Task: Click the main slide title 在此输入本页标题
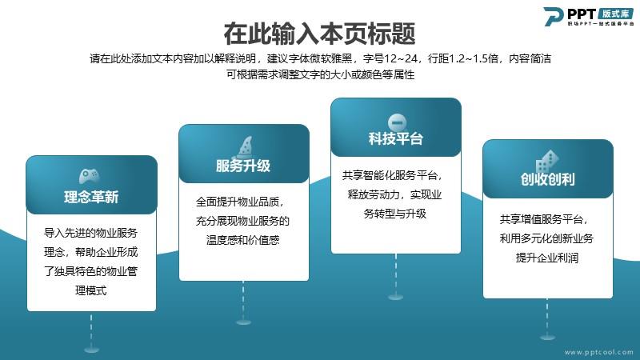point(319,34)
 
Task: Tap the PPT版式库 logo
point(588,17)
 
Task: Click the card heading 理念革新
point(91,197)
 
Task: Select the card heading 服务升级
point(243,166)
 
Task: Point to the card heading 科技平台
point(395,138)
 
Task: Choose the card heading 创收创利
point(548,178)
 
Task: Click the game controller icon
point(90,176)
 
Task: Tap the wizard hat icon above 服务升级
point(244,147)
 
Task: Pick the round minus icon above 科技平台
point(397,122)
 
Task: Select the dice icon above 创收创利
point(546,162)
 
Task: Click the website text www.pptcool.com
point(598,352)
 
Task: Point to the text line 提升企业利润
point(547,258)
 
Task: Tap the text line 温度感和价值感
point(243,239)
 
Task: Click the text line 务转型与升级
point(394,214)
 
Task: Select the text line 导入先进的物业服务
point(90,233)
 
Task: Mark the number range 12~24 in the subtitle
point(401,58)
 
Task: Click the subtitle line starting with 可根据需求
point(321,74)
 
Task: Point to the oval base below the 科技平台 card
point(395,297)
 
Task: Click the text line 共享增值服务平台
point(544,219)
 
